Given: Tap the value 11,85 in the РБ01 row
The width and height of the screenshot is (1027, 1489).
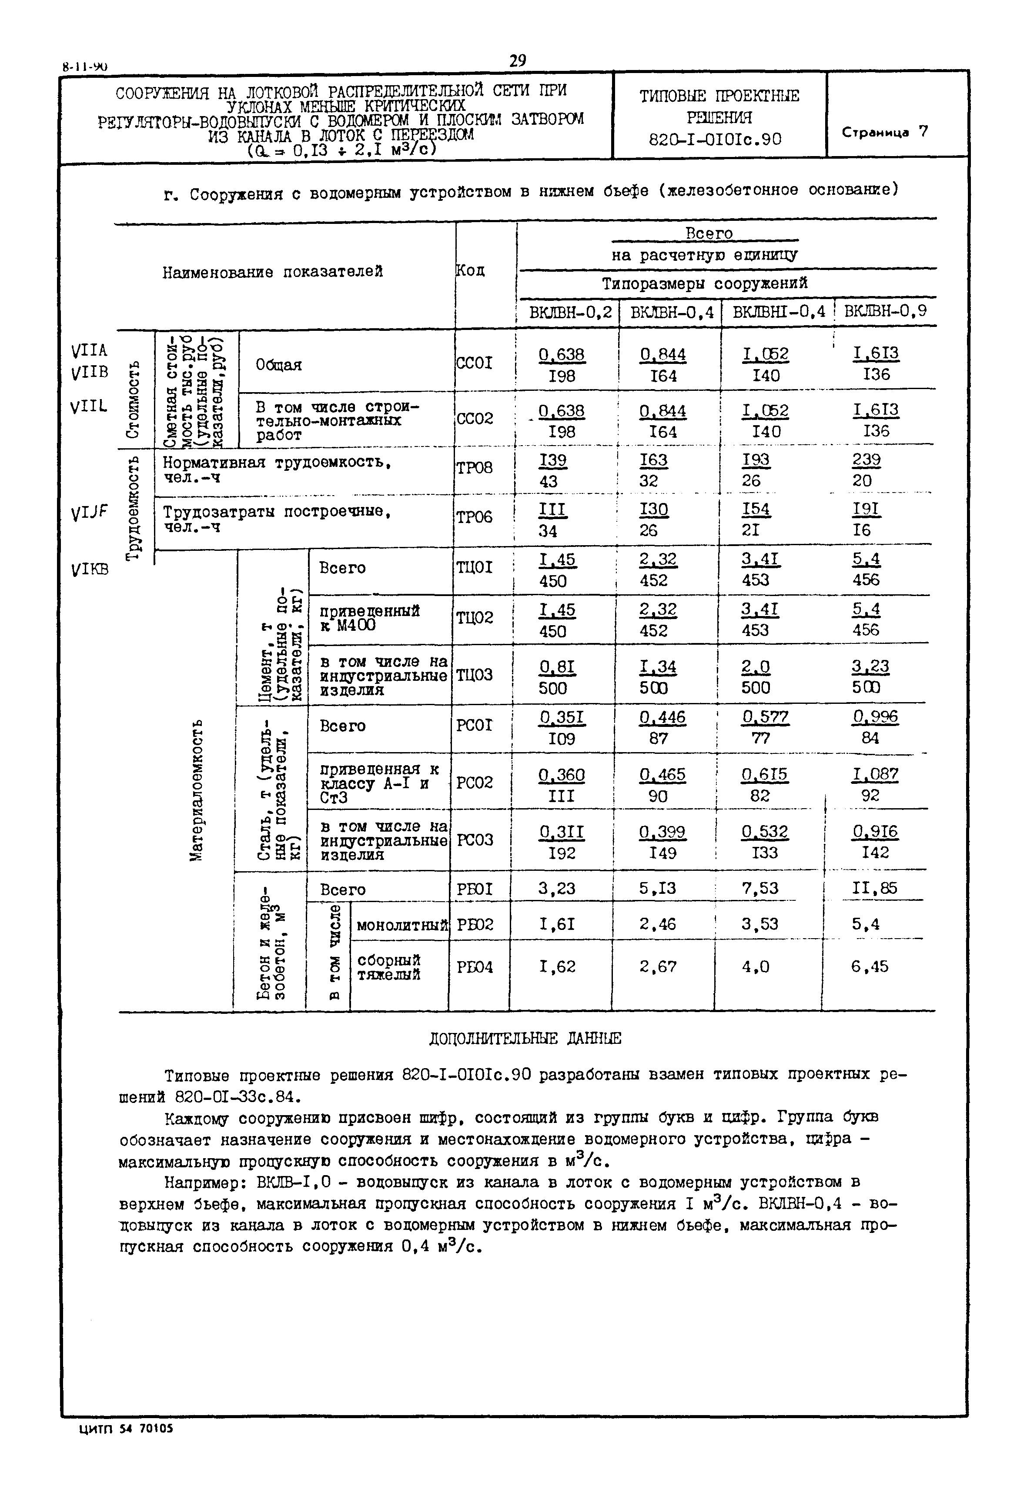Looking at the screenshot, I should pos(874,888).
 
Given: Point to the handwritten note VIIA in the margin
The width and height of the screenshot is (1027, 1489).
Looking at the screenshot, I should pos(90,350).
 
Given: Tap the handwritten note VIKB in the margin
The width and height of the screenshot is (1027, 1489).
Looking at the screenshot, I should pos(90,569).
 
